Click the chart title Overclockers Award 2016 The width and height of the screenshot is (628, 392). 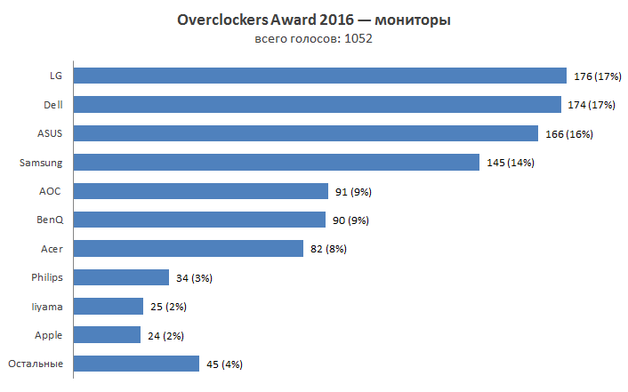(313, 20)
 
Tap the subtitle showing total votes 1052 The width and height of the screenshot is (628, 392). (313, 38)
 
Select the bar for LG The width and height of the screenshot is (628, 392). (319, 76)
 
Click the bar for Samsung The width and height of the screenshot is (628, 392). (277, 162)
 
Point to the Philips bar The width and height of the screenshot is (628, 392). (121, 277)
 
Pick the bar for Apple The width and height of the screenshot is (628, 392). (107, 335)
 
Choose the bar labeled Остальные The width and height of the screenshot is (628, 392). (135, 364)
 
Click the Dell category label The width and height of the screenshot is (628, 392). (52, 105)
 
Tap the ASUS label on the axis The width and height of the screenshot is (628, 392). (50, 133)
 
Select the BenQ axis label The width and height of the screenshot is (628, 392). (50, 220)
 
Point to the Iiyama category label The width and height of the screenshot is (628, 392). (47, 307)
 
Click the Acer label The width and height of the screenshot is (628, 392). (52, 249)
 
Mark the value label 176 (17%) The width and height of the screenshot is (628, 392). (596, 76)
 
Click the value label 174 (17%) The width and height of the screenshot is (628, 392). (593, 105)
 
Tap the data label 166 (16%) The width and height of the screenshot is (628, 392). (568, 134)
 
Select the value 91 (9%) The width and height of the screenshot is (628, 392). (352, 191)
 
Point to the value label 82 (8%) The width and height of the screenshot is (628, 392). (327, 249)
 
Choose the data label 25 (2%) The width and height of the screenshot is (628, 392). (168, 307)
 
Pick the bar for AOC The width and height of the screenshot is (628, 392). (200, 191)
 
